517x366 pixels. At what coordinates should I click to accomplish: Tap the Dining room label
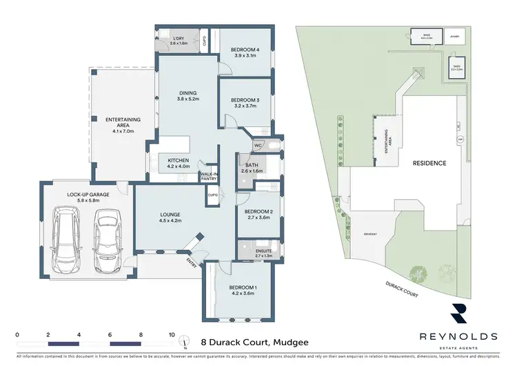click(x=188, y=96)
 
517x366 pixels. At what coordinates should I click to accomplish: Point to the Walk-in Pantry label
click(x=210, y=177)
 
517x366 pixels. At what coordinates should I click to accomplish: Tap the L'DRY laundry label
click(x=179, y=40)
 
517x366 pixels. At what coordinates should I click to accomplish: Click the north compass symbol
click(x=185, y=340)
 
